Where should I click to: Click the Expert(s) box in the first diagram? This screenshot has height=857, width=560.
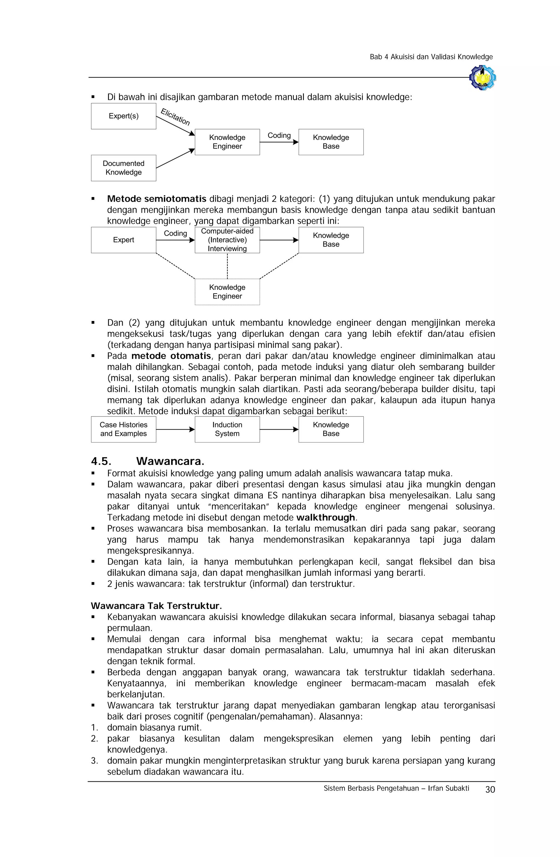tap(123, 116)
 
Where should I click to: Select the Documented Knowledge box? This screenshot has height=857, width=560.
tap(123, 168)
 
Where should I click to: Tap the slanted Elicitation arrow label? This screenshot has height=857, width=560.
tap(175, 117)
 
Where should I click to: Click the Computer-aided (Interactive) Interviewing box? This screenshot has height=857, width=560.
tap(227, 240)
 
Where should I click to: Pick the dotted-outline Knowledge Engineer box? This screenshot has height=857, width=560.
tap(227, 292)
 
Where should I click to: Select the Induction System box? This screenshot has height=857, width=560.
tap(227, 429)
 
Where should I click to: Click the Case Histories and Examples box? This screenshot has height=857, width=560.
tap(123, 429)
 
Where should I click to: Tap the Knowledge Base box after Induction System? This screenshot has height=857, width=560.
tap(331, 429)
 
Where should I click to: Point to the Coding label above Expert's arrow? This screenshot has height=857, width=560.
tap(175, 233)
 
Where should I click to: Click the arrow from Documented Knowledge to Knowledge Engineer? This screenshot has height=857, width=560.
tap(175, 158)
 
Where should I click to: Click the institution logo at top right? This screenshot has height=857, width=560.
tap(483, 77)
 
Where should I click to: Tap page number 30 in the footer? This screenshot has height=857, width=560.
tap(490, 790)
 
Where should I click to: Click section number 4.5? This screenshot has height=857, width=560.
tap(101, 461)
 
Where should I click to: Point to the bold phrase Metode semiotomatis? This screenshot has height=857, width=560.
tap(157, 199)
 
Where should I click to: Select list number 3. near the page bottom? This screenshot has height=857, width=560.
tap(94, 761)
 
